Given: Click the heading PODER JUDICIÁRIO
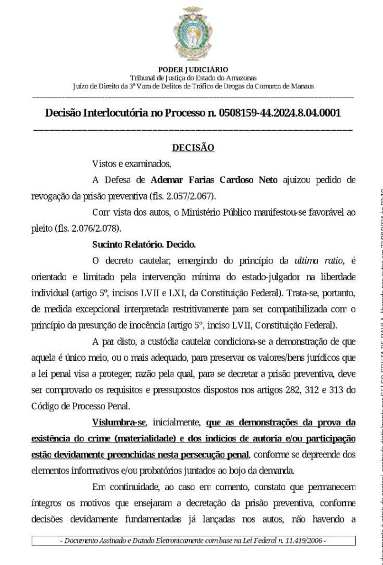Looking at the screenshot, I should (193, 70).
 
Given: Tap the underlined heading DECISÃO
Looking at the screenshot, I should (193, 148).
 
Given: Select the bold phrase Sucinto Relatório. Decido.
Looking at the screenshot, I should (144, 244).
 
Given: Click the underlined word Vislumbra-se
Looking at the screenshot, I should (119, 423).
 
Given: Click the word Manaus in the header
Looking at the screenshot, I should (302, 87).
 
